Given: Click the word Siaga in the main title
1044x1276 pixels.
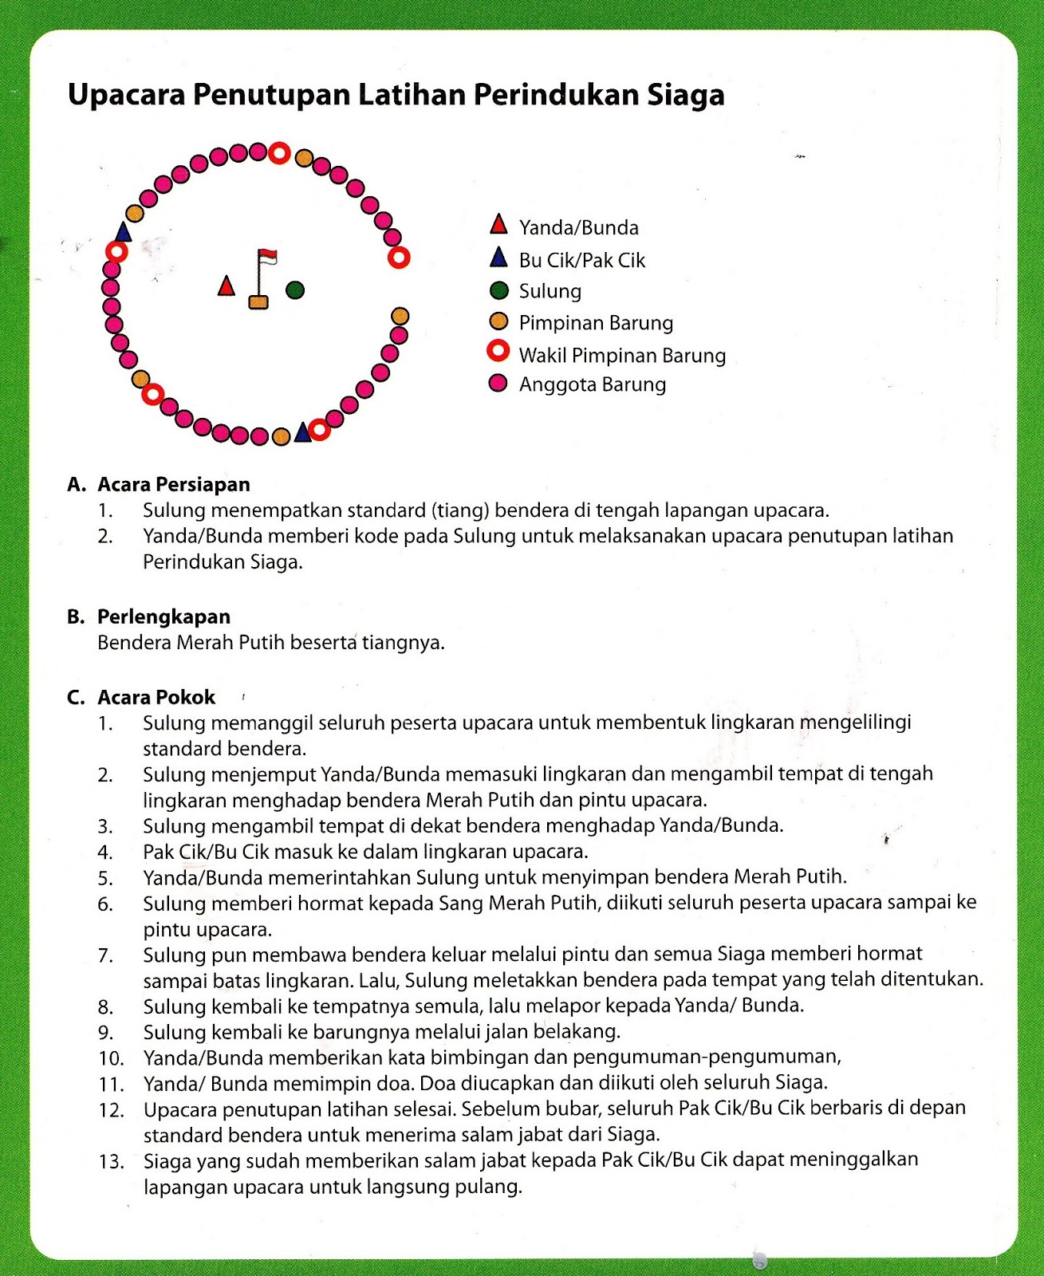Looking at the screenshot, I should (685, 95).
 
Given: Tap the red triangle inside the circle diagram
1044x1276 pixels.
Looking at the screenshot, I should (227, 286).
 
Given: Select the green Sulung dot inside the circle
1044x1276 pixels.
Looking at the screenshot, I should (295, 289).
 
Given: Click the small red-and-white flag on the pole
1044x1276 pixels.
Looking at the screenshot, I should (267, 257).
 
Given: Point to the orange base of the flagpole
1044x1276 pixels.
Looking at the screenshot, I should (258, 301).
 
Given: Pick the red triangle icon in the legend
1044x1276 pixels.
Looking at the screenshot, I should (498, 225).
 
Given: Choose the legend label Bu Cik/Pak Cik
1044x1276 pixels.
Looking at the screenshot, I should (581, 260).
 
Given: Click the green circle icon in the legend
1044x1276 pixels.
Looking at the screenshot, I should (498, 290).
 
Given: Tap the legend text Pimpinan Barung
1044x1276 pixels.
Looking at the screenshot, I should (596, 323).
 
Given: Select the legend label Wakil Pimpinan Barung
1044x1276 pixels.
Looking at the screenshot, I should (622, 355).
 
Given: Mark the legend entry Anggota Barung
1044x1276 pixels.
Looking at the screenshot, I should (592, 384).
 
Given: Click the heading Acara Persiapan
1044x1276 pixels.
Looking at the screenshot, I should (173, 485).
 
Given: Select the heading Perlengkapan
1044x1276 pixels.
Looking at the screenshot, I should (163, 616).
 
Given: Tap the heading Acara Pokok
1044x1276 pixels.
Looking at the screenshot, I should (156, 698).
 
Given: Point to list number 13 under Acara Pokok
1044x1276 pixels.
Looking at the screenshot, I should (112, 1162).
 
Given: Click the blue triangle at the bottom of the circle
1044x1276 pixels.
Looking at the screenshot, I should (302, 433).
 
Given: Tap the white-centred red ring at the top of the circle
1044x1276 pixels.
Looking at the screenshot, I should (279, 153).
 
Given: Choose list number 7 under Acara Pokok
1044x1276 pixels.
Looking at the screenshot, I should (105, 955).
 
